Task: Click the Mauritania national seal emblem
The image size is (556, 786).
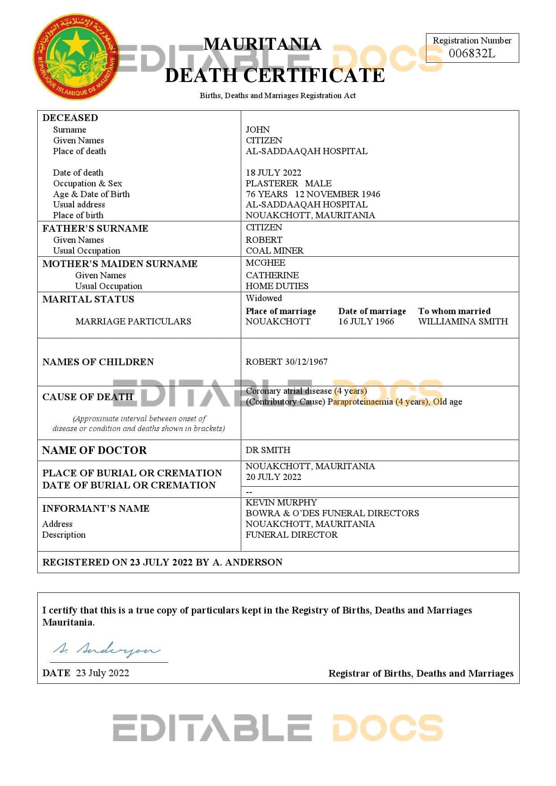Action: [76, 57]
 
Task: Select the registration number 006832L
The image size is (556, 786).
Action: [472, 53]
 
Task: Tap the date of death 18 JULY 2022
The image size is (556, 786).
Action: [273, 173]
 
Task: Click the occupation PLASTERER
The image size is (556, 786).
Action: [272, 183]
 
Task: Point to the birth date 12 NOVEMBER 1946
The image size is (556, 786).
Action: [337, 194]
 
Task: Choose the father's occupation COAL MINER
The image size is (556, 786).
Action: [274, 250]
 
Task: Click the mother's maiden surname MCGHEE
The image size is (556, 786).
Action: [265, 263]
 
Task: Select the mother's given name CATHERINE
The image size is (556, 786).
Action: [272, 275]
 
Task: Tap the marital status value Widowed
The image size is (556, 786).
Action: [264, 298]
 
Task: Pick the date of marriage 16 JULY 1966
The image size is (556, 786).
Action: [366, 321]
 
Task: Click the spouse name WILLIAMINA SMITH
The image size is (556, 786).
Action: [463, 321]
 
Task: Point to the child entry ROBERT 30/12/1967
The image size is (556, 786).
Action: [287, 362]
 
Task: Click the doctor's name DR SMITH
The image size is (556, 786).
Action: [268, 450]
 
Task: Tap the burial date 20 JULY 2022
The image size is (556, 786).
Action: [273, 477]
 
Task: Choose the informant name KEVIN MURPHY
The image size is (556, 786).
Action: [281, 502]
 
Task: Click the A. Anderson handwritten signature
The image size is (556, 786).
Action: [106, 649]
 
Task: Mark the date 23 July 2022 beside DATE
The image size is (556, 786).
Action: [102, 673]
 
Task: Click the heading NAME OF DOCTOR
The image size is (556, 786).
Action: [94, 450]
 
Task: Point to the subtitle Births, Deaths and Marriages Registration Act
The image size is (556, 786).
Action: [278, 95]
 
